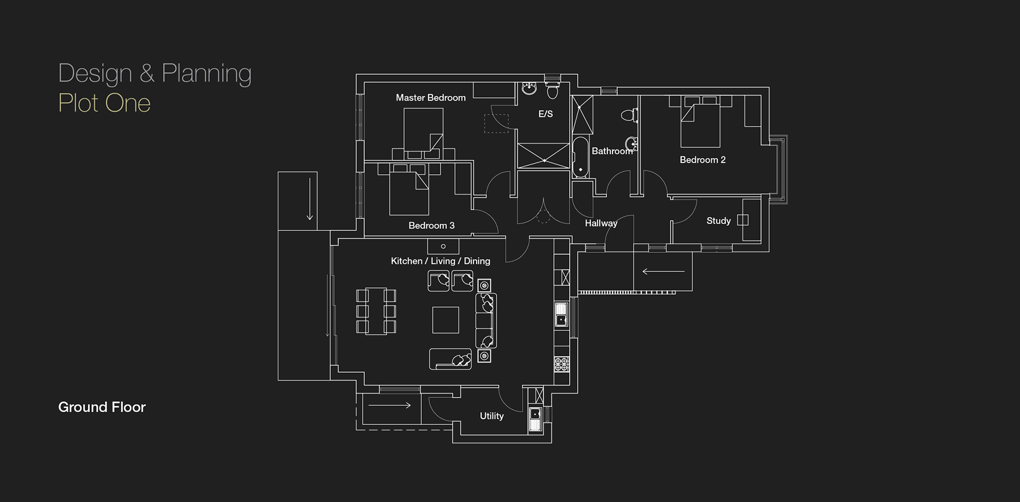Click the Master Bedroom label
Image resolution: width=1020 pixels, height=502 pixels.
click(x=431, y=98)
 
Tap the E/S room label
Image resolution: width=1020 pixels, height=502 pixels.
click(x=546, y=114)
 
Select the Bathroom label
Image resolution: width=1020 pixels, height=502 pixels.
click(x=612, y=151)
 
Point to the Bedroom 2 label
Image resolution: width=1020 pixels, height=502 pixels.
click(x=702, y=160)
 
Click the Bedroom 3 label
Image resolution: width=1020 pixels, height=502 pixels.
click(x=431, y=226)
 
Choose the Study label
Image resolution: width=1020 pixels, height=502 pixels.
click(x=719, y=220)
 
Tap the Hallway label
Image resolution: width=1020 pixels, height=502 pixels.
click(x=601, y=224)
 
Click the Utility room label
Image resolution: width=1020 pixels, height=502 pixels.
click(x=491, y=416)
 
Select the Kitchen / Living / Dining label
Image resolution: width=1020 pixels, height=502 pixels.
click(x=440, y=261)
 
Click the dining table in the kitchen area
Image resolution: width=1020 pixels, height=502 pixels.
click(x=376, y=311)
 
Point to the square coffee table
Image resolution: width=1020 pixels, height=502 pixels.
click(x=445, y=320)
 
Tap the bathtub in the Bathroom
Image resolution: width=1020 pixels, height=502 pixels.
click(x=580, y=156)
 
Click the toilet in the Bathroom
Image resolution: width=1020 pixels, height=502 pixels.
click(x=628, y=115)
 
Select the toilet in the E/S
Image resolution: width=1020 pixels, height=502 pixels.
click(x=552, y=90)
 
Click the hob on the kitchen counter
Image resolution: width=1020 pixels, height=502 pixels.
click(x=562, y=364)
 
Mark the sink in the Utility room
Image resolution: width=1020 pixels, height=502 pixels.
click(x=535, y=419)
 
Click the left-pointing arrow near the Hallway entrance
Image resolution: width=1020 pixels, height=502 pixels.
click(x=663, y=271)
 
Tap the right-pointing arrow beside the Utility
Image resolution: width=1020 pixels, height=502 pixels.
click(x=389, y=405)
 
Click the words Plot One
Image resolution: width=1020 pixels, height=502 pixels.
click(x=104, y=103)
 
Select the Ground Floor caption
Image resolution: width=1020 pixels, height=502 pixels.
click(x=102, y=407)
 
